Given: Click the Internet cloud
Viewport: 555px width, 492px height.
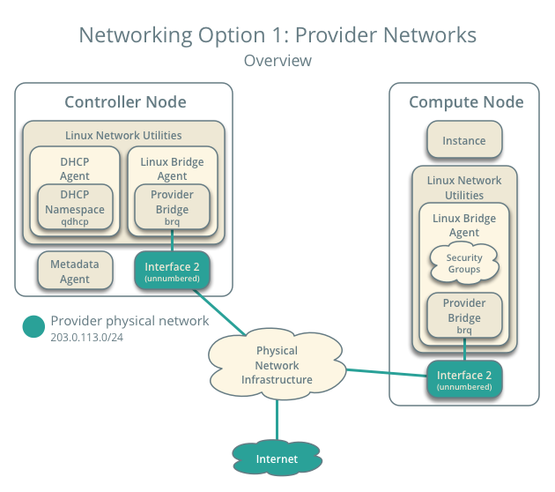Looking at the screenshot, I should pyautogui.click(x=277, y=458).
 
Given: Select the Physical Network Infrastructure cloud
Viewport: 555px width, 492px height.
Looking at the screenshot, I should pyautogui.click(x=277, y=364).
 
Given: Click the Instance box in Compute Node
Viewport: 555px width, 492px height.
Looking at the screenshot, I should pyautogui.click(x=464, y=140).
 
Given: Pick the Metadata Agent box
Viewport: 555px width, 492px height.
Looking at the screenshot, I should pyautogui.click(x=75, y=271).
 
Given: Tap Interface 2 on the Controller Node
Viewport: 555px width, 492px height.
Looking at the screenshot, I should pyautogui.click(x=173, y=271).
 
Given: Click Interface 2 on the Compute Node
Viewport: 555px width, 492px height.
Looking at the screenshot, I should pyautogui.click(x=464, y=380).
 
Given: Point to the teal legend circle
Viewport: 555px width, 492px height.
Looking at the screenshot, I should pyautogui.click(x=33, y=326).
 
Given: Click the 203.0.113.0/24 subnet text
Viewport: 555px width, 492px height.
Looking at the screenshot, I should pyautogui.click(x=86, y=338).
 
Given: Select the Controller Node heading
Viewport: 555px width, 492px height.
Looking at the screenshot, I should pyautogui.click(x=125, y=102).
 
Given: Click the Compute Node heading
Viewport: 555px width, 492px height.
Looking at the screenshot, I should pyautogui.click(x=465, y=102).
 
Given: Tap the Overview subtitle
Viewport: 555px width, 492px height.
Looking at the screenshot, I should pyautogui.click(x=277, y=61).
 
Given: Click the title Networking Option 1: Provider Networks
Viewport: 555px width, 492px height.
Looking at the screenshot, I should pyautogui.click(x=277, y=34).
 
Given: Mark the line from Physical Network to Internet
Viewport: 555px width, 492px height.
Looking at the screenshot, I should pyautogui.click(x=277, y=419).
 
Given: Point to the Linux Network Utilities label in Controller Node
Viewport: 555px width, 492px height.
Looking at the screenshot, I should pyautogui.click(x=123, y=135).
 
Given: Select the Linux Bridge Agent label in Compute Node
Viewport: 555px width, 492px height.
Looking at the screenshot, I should pyautogui.click(x=464, y=225).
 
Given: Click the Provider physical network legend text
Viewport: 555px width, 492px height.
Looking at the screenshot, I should pyautogui.click(x=129, y=321).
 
